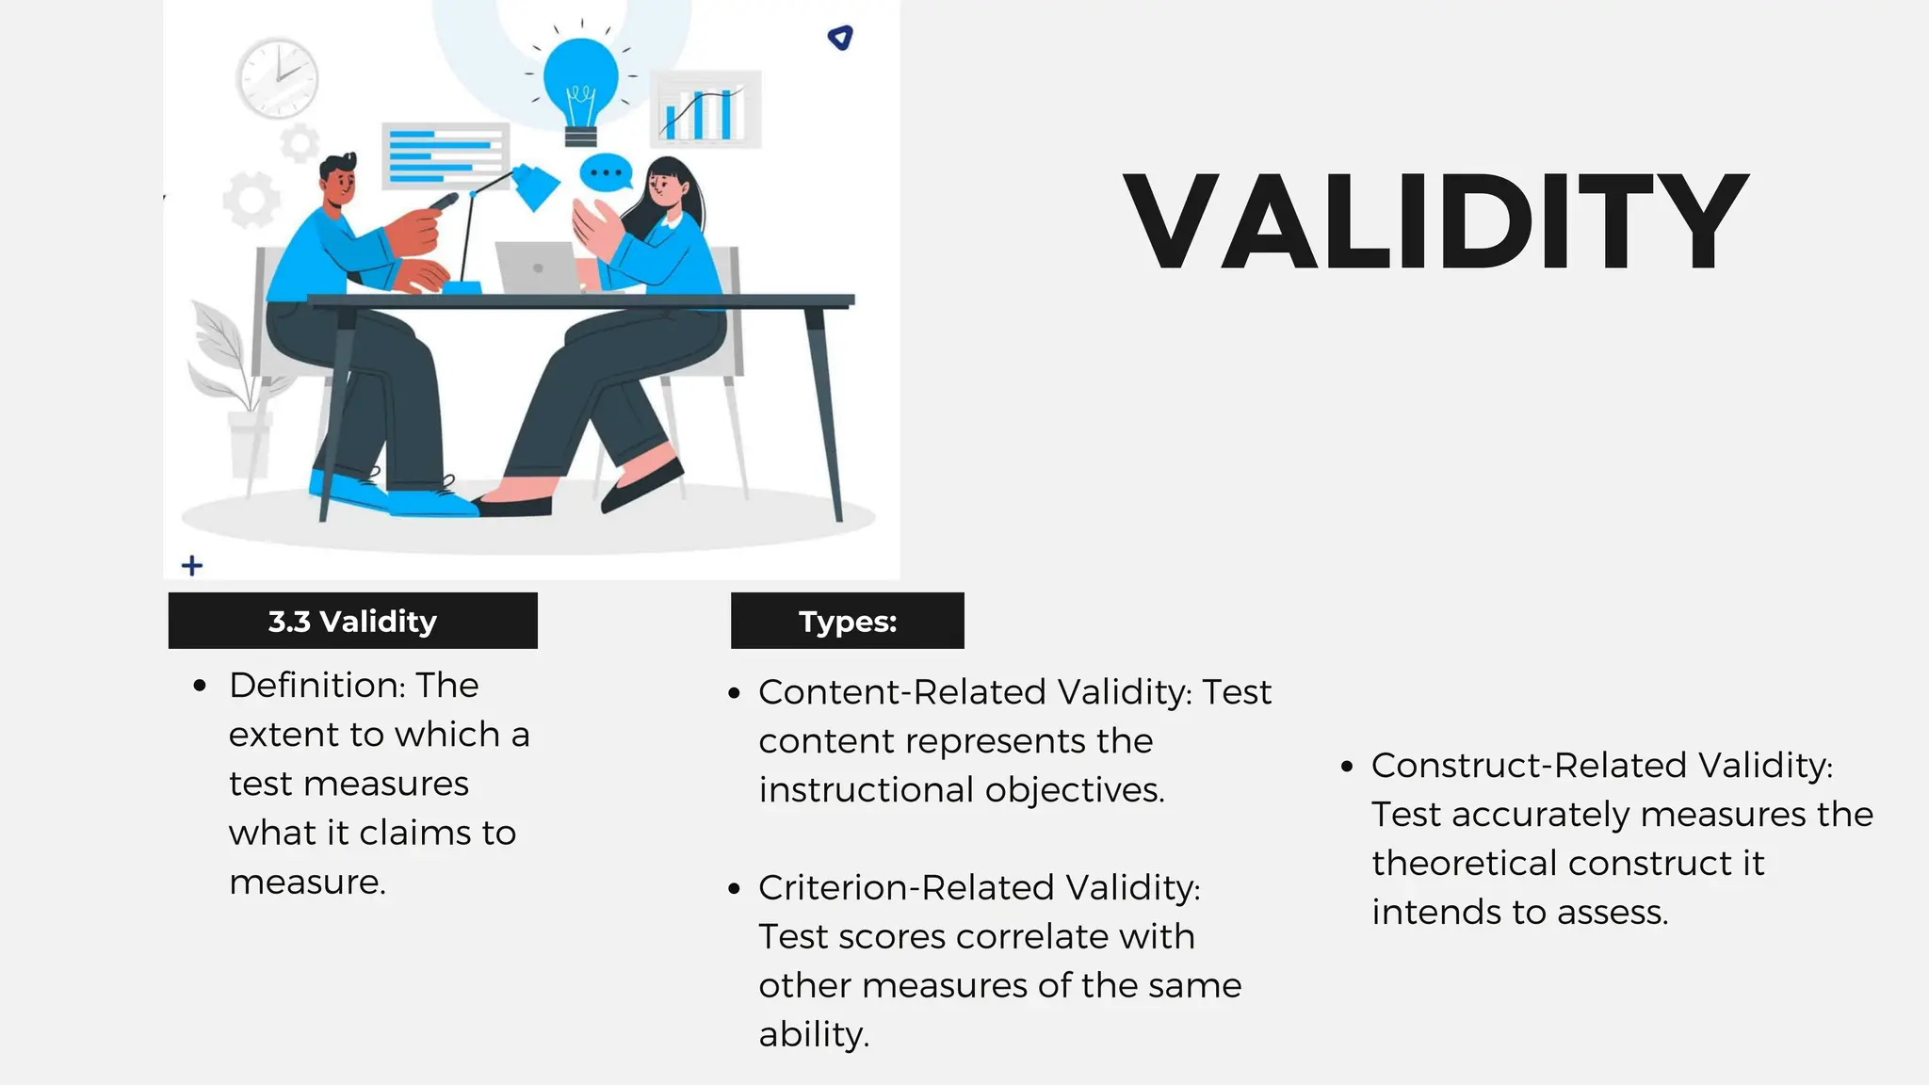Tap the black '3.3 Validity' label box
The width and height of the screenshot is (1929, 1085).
352,621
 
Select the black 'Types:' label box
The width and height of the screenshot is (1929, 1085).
847,621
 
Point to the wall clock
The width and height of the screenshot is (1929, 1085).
277,77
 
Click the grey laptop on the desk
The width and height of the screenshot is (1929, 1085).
537,268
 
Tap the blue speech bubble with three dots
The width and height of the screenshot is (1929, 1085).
606,173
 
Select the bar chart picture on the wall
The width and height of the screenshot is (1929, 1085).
705,109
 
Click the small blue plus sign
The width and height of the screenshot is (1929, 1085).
192,565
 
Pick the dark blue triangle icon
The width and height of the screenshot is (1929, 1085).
840,37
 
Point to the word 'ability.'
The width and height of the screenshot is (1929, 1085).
814,1034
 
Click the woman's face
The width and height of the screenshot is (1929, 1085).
664,186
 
